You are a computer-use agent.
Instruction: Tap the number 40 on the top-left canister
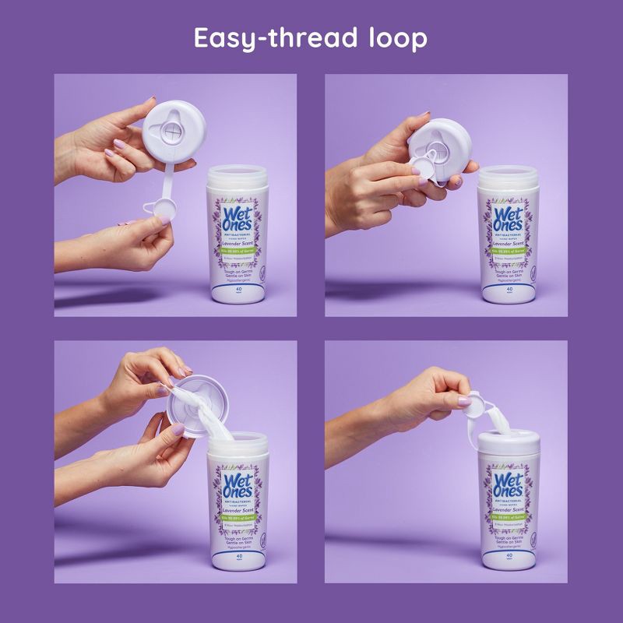pos(238,289)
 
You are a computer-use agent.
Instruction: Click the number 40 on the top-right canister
pos(509,289)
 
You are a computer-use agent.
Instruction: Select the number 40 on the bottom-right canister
pos(509,569)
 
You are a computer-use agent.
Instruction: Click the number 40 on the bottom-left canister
pos(238,569)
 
